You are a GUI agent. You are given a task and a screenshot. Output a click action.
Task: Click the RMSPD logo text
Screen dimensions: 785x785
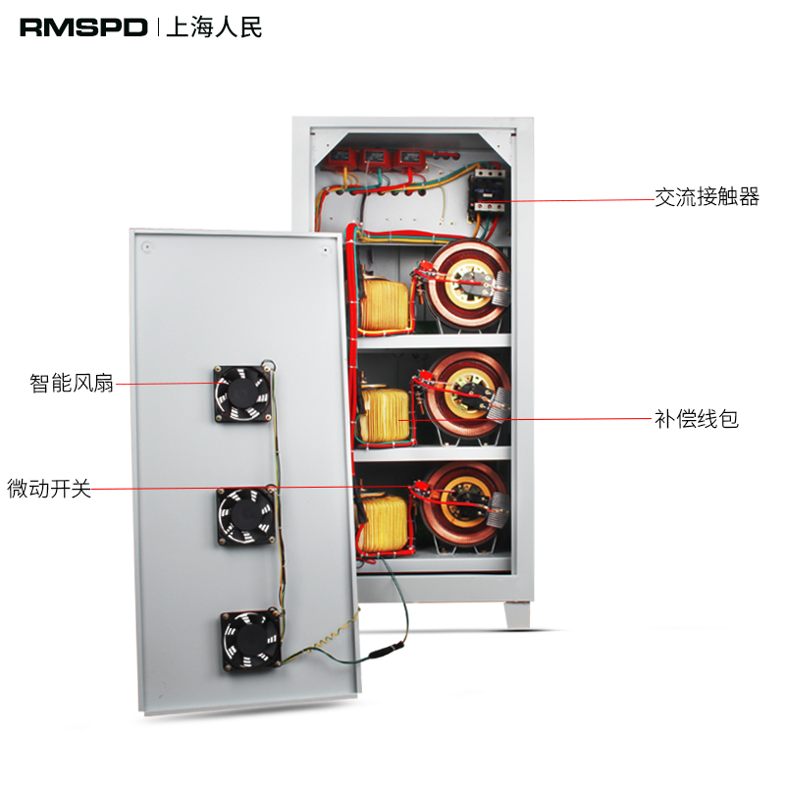point(83,27)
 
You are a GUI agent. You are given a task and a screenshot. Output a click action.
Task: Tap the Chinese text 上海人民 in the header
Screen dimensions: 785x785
point(215,27)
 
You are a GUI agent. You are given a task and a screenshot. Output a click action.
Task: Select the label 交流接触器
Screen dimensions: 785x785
point(706,198)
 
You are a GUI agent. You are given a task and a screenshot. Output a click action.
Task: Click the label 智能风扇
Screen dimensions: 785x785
point(72,383)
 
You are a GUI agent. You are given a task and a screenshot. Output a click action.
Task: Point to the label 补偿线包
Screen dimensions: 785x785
point(696,420)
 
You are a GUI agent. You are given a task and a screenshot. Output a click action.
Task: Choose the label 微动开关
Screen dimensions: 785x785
point(49,488)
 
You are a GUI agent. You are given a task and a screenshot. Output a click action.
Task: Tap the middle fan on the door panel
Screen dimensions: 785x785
point(244,516)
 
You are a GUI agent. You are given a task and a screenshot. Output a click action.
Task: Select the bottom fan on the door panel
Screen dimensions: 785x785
point(249,639)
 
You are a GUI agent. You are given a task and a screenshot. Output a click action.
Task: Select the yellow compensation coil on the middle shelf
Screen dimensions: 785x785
point(385,415)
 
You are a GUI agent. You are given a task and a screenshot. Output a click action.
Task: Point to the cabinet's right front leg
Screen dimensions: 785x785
point(518,610)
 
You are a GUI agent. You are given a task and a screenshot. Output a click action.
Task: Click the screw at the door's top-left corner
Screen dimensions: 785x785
point(145,246)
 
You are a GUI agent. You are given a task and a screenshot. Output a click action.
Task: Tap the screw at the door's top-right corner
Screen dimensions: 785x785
point(323,251)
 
